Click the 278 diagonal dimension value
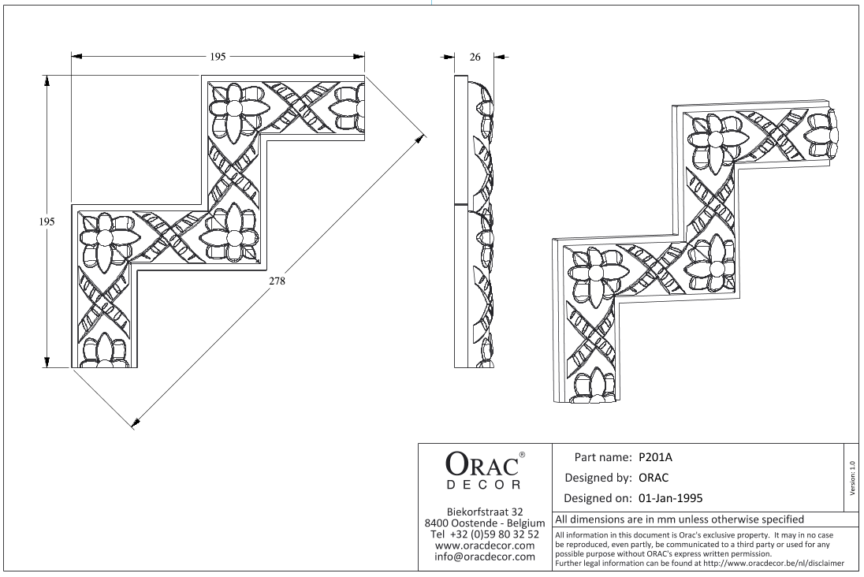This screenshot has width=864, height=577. point(277,281)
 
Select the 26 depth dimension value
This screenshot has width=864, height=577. point(475,57)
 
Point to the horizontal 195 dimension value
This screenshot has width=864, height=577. point(218,57)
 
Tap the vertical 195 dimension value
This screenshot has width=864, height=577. point(47,221)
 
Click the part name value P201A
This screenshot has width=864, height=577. point(656,457)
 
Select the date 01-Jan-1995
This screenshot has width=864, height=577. point(671,498)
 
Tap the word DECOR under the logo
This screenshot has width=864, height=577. point(483,485)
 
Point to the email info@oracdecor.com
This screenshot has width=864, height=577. point(485,557)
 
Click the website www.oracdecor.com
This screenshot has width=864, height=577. point(485,545)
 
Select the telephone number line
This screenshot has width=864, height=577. point(485,534)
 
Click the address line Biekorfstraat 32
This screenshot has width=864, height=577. point(485,512)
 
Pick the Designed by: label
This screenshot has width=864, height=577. point(598,478)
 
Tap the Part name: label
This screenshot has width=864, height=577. point(603,457)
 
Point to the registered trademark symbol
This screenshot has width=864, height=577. point(523,455)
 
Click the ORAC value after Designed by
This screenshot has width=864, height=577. point(654,478)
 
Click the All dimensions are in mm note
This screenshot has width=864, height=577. point(680,519)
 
